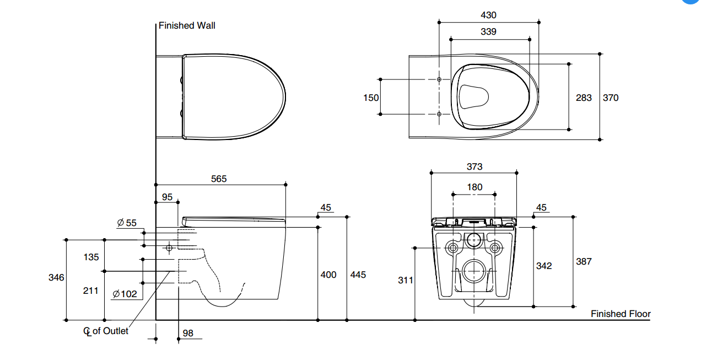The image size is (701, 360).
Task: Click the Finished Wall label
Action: [x=187, y=25]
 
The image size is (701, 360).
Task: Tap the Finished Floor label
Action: [x=621, y=314]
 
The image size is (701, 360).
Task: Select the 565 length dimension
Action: [x=219, y=179]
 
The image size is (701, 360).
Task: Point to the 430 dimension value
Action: [x=488, y=15]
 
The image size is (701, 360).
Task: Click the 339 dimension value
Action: [x=488, y=32]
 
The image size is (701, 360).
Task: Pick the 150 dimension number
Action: [x=371, y=98]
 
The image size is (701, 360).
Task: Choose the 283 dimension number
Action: [x=584, y=98]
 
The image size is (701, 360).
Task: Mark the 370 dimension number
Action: [x=611, y=98]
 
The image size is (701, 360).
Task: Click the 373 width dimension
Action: [x=474, y=166]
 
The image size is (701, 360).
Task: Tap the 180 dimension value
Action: [x=474, y=187]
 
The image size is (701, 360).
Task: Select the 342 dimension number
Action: [x=544, y=266]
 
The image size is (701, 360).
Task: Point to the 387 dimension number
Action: [x=584, y=261]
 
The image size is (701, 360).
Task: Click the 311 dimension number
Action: [x=406, y=280]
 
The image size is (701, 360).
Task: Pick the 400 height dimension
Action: [x=328, y=275]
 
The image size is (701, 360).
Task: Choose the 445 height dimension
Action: [x=358, y=275]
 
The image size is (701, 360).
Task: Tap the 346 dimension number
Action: [x=57, y=278]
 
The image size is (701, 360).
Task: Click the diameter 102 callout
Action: [x=125, y=294]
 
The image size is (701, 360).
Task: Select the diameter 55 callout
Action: [x=127, y=223]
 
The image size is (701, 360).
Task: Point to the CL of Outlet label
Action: [x=106, y=331]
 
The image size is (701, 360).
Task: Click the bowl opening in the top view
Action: [x=473, y=97]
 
